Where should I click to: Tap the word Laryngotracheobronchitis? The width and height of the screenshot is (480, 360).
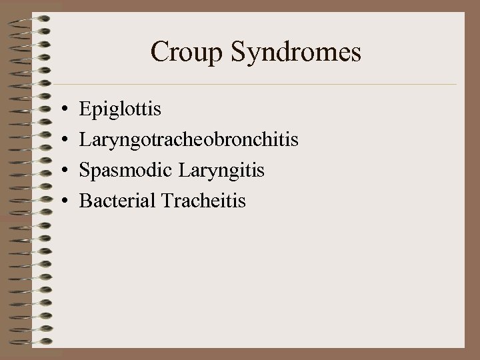(189, 139)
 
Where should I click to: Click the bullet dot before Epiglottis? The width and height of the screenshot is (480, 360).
(61, 108)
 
